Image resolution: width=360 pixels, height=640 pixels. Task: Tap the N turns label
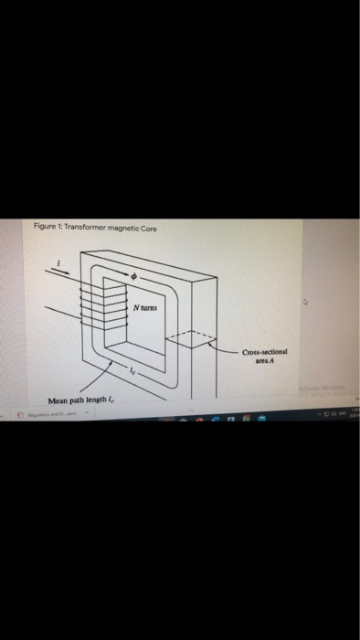(147, 309)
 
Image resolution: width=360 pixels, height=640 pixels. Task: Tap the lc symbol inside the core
(132, 372)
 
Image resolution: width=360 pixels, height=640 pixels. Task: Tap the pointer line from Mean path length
(100, 378)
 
